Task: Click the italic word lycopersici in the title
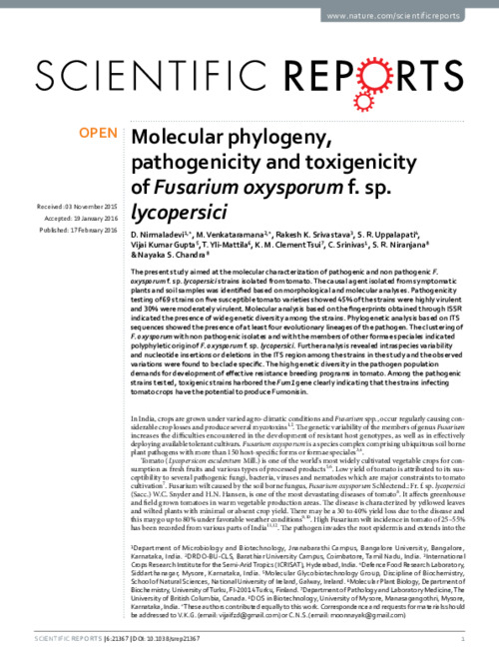click(174, 210)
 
